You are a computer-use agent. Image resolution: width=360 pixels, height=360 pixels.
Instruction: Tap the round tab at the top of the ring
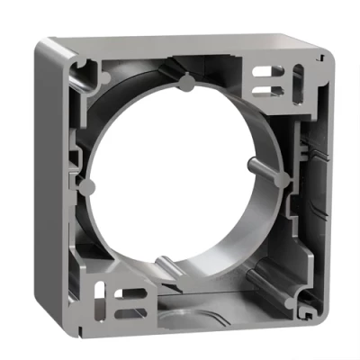point(184,85)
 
